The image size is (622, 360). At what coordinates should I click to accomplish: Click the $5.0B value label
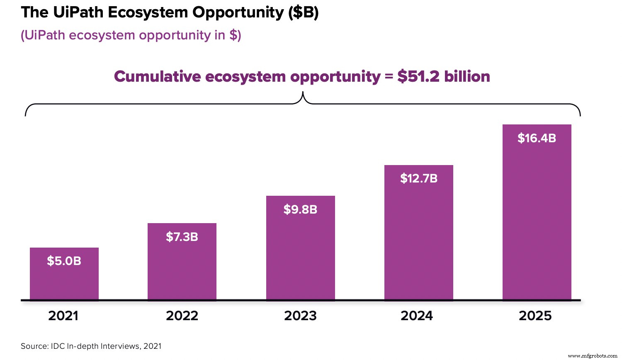(64, 261)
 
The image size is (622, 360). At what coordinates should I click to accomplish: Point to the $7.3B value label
(182, 237)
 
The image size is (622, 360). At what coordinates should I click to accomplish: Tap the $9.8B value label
(300, 209)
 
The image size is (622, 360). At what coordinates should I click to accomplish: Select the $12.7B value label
(419, 178)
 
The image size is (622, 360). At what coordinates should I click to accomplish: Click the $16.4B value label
(537, 138)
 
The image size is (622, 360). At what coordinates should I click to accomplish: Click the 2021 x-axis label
(63, 316)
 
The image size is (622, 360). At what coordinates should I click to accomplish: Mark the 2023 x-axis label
(300, 316)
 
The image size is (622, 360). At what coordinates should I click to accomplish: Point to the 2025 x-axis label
(535, 316)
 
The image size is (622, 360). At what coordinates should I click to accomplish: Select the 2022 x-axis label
(182, 316)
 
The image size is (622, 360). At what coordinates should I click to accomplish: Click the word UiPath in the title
(78, 12)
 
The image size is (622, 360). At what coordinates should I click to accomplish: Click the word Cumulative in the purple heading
(157, 77)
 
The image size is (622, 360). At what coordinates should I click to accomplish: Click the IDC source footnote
(91, 346)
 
